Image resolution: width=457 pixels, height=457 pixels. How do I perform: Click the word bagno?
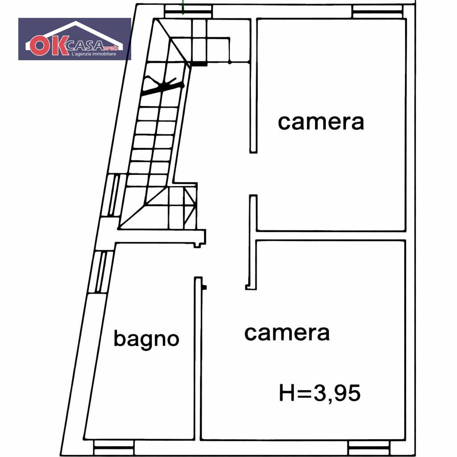[x=146, y=339]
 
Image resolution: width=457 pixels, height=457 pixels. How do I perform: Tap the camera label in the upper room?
[x=321, y=122]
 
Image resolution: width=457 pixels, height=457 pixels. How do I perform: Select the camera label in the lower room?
[x=287, y=333]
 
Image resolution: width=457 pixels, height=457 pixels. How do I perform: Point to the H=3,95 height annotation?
[x=320, y=393]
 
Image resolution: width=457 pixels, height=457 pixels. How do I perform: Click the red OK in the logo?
[x=49, y=46]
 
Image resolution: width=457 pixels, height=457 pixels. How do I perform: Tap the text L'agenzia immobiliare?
[x=94, y=54]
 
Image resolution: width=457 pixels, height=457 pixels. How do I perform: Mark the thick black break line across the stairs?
[x=162, y=86]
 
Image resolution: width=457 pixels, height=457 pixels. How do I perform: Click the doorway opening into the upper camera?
[x=253, y=174]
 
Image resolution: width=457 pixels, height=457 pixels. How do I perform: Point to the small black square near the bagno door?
[x=204, y=287]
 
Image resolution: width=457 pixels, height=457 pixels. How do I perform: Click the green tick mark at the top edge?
[x=183, y=7]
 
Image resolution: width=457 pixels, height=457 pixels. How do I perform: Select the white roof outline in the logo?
[x=75, y=35]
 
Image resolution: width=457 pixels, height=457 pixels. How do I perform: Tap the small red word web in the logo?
[x=111, y=48]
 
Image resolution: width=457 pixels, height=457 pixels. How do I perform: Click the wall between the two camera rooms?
[x=331, y=236]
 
